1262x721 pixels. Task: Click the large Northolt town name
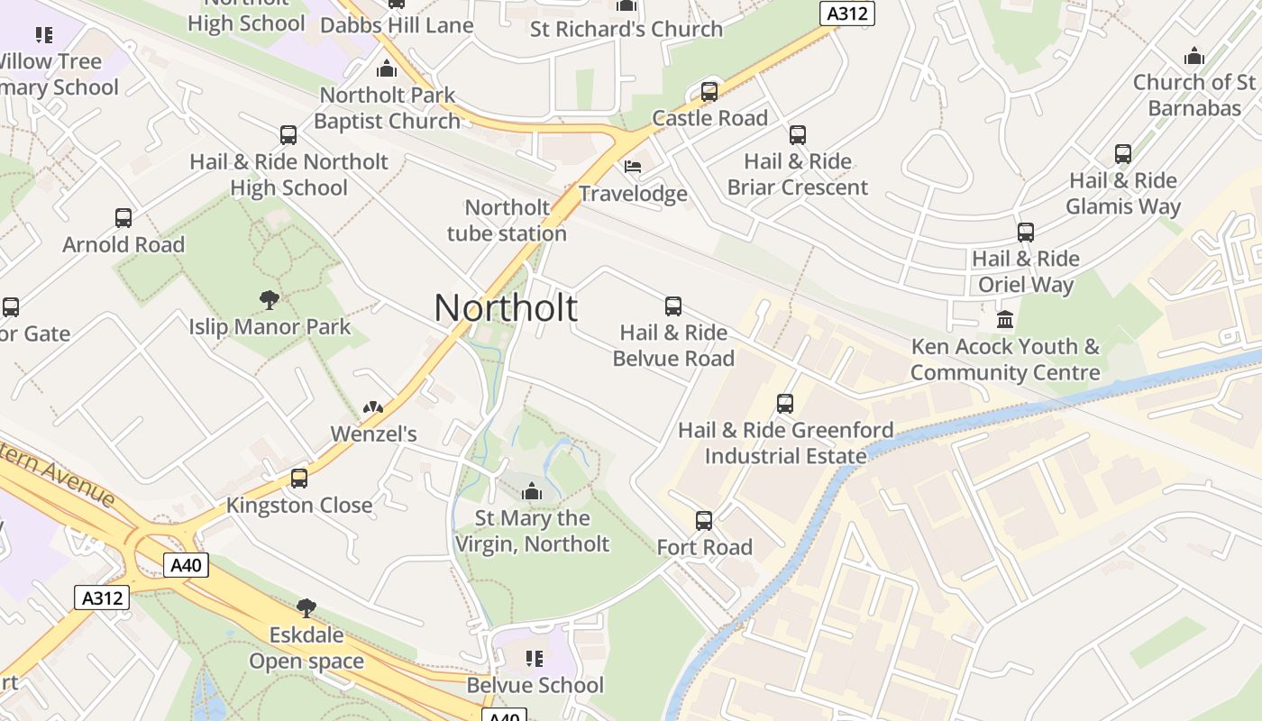pyautogui.click(x=506, y=308)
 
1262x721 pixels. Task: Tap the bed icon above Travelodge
pyautogui.click(x=633, y=167)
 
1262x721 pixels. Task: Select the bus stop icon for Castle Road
pyautogui.click(x=709, y=92)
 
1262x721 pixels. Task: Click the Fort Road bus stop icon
pyautogui.click(x=704, y=521)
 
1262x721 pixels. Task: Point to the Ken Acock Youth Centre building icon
pyautogui.click(x=1005, y=320)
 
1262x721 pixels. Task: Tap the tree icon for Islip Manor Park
pyautogui.click(x=269, y=300)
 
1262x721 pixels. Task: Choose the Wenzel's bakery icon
pyautogui.click(x=373, y=408)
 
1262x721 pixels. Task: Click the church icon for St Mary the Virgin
pyautogui.click(x=532, y=491)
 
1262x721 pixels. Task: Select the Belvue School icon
pyautogui.click(x=535, y=659)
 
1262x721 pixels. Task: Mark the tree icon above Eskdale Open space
pyautogui.click(x=306, y=608)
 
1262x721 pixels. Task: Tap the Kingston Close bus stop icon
pyautogui.click(x=299, y=479)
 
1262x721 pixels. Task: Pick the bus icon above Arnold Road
pyautogui.click(x=123, y=218)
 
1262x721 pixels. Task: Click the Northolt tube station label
pyautogui.click(x=507, y=221)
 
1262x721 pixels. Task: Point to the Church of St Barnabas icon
pyautogui.click(x=1194, y=56)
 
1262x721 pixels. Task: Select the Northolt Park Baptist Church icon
pyautogui.click(x=388, y=68)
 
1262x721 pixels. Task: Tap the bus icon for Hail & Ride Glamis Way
pyautogui.click(x=1123, y=154)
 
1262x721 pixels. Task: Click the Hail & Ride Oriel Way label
pyautogui.click(x=1026, y=272)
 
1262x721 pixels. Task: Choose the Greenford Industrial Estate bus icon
pyautogui.click(x=785, y=404)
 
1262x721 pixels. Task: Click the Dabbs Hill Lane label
pyautogui.click(x=397, y=25)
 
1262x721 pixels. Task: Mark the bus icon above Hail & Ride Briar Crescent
pyautogui.click(x=798, y=135)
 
